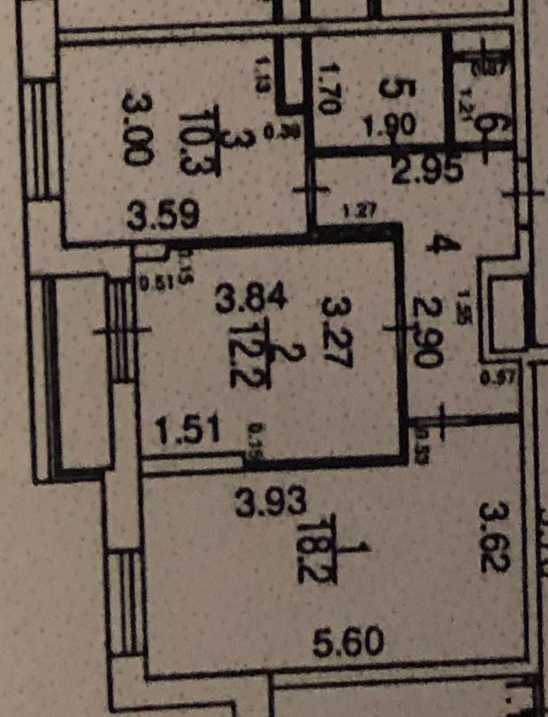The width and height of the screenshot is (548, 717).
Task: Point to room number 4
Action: click(x=442, y=245)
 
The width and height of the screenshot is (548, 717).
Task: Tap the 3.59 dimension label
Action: click(x=163, y=216)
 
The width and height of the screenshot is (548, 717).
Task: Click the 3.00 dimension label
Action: click(x=137, y=129)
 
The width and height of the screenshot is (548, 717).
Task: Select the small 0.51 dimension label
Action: click(x=152, y=284)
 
